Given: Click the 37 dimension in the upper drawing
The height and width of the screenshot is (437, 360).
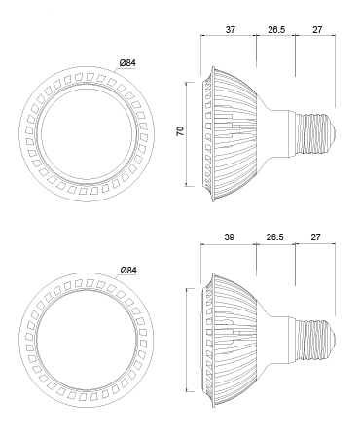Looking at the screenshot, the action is coord(230,30).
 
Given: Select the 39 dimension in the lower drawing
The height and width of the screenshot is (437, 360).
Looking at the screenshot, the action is coord(229,237).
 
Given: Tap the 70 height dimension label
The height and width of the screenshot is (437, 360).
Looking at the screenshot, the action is coord(180,131).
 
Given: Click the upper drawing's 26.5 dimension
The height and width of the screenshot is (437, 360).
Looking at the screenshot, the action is coord(276,30).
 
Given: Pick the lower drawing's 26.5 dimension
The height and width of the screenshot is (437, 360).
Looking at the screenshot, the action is coord(275,237).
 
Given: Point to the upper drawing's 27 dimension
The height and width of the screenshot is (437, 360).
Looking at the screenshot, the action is coord(317,30).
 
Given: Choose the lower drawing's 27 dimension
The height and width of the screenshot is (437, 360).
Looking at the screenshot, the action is coord(316,237).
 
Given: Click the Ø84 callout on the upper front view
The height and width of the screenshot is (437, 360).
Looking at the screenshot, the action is coord(127,63).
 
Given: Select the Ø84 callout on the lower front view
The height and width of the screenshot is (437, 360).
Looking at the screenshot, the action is coord(128,270).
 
